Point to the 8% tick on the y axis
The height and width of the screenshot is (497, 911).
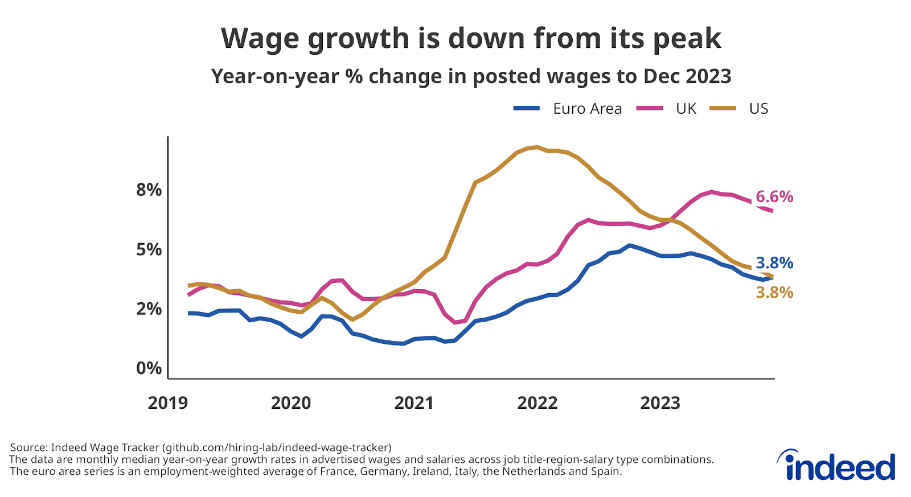(149, 190)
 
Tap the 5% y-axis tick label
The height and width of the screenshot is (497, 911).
(149, 249)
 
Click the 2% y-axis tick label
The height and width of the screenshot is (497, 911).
(149, 309)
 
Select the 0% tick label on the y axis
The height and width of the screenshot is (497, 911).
(149, 368)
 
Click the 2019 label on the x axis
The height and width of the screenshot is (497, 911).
(167, 403)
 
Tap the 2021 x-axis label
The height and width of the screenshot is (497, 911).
(414, 403)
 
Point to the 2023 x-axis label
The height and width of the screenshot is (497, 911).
(660, 403)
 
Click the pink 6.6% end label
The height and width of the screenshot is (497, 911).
(774, 197)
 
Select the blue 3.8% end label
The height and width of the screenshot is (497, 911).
(774, 263)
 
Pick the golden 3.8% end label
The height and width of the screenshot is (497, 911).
(774, 293)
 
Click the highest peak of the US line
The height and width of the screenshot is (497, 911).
(537, 147)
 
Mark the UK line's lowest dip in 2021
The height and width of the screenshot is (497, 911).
(455, 322)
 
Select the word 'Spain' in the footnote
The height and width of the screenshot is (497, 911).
(606, 471)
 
